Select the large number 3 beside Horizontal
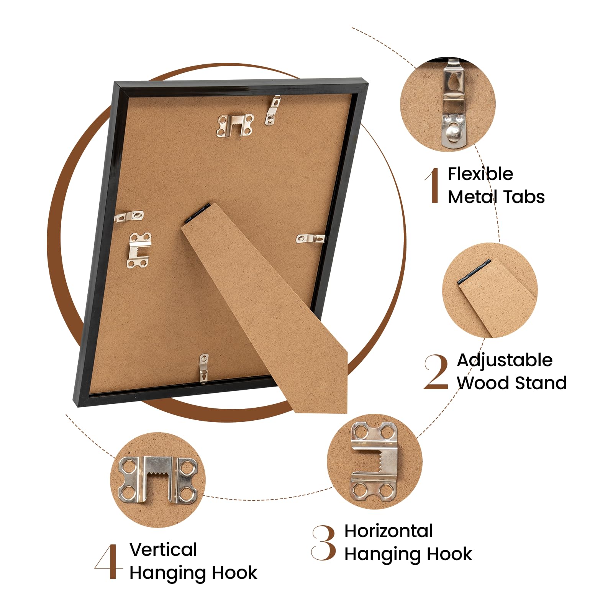click(x=324, y=543)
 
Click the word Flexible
click(x=480, y=174)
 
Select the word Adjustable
click(x=505, y=361)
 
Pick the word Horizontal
click(x=388, y=531)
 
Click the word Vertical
click(x=163, y=550)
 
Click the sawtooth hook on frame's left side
click(x=139, y=250)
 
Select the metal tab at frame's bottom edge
click(x=204, y=368)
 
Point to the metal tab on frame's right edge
click(x=311, y=239)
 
